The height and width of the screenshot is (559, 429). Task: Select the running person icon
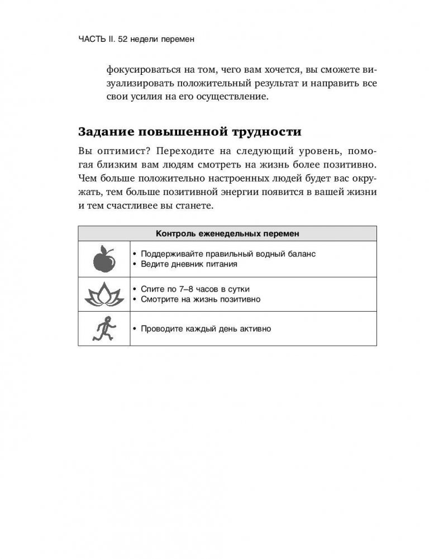pyautogui.click(x=103, y=329)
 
